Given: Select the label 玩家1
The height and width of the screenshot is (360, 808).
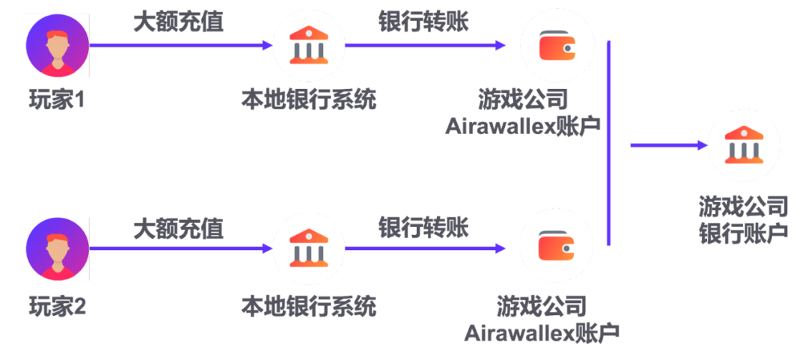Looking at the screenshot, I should click(57, 100).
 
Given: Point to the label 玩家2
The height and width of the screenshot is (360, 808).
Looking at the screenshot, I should click(57, 305).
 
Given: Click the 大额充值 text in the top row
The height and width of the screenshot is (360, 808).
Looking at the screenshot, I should click(178, 22).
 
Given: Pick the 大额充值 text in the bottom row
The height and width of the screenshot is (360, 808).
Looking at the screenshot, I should click(178, 228).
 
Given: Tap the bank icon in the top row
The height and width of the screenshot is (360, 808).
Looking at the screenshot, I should click(308, 45).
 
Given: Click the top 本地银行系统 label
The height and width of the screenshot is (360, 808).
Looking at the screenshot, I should click(308, 100).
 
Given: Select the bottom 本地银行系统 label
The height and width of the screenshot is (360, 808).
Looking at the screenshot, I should click(308, 305).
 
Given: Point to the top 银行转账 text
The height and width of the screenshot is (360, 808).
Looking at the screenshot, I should click(423, 22).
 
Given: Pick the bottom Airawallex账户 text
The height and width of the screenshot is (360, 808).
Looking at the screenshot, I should click(542, 332).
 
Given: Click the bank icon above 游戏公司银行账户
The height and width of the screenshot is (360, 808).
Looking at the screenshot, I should click(744, 146).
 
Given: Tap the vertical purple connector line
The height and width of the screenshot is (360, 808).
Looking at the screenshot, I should click(608, 142).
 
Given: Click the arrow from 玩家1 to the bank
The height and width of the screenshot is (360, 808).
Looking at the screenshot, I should click(180, 45).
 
